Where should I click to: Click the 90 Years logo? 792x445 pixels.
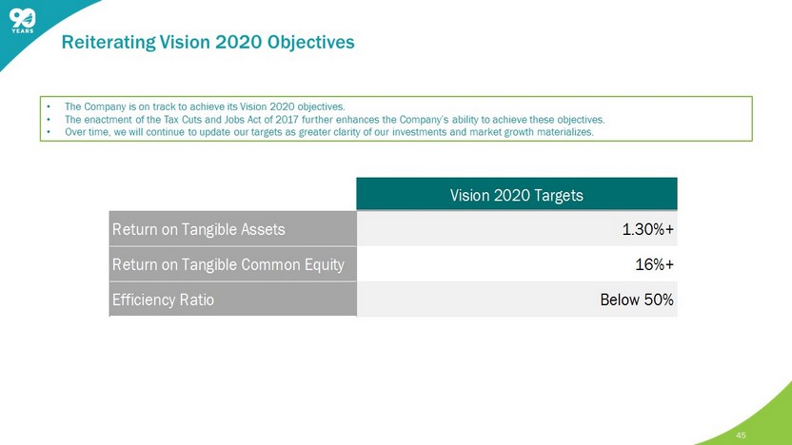(23, 21)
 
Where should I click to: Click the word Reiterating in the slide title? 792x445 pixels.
(109, 42)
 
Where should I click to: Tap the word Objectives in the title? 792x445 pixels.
(310, 42)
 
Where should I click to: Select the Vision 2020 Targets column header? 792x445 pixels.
(517, 194)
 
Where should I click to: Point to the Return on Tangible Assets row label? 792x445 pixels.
(199, 229)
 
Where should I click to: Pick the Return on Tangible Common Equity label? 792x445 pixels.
(228, 265)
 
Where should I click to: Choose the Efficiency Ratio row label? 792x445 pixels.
(163, 300)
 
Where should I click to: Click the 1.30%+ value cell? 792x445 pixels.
(647, 229)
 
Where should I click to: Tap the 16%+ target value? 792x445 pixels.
(654, 265)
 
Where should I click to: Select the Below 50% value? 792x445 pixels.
(637, 300)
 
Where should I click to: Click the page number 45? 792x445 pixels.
(741, 435)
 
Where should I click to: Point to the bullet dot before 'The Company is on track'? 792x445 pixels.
(49, 106)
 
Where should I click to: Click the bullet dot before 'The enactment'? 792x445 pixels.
(49, 120)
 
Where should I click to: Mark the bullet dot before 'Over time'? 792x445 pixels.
(49, 133)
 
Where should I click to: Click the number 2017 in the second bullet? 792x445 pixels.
(287, 120)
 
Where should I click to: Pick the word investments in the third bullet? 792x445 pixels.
(419, 132)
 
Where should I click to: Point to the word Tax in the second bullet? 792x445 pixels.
(170, 120)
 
